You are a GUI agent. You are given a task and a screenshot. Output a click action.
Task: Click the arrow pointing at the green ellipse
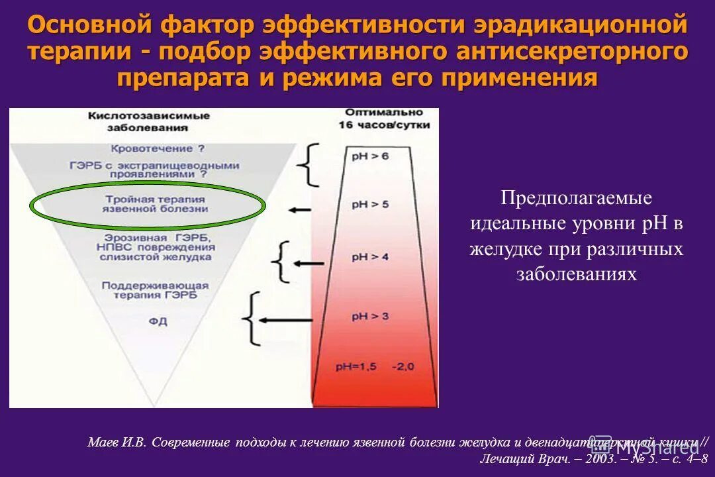pyautogui.click(x=300, y=209)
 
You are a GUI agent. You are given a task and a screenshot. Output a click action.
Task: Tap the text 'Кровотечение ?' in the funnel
pyautogui.click(x=156, y=149)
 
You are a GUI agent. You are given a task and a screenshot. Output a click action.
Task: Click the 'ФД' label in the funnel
pyautogui.click(x=158, y=322)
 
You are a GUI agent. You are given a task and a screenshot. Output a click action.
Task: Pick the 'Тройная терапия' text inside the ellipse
pyautogui.click(x=156, y=198)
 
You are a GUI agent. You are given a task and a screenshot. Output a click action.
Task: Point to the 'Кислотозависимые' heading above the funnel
pyautogui.click(x=149, y=116)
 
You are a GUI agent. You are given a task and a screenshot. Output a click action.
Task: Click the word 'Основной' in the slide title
pyautogui.click(x=81, y=26)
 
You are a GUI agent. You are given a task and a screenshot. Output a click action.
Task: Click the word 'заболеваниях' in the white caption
pyautogui.click(x=577, y=274)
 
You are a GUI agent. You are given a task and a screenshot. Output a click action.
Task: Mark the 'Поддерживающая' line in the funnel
pyautogui.click(x=155, y=286)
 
